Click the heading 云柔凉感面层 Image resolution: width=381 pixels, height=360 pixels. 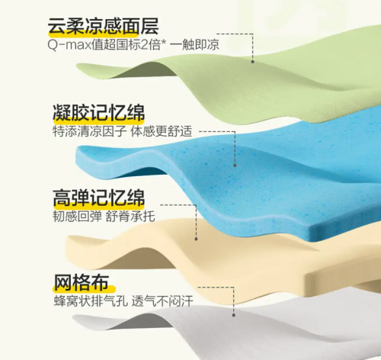pos(104,26)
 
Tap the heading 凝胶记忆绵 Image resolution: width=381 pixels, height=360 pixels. pos(99,112)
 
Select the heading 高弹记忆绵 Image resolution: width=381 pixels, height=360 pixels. pos(99,198)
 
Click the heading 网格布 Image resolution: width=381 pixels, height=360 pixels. pos(82,282)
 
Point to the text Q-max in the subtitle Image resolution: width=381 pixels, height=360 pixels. pos(69,45)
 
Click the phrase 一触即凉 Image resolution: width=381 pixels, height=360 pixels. pos(194,45)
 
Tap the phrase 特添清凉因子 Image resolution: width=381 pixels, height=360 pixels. pos(89,131)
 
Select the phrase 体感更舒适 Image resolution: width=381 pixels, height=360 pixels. pos(162,131)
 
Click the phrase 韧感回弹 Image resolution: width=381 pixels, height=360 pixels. pos(77,217)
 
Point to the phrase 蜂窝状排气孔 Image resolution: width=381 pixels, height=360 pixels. pos(91,301)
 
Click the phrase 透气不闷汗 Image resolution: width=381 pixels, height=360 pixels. pos(162,301)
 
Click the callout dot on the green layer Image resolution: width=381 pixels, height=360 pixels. pos(252,62)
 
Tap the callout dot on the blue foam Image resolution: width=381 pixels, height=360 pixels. pos(235,166)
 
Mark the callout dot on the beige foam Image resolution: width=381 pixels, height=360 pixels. pos(196,239)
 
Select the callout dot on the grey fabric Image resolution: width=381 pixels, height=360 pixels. pos(234,315)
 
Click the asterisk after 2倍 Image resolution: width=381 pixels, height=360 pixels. pos(163,42)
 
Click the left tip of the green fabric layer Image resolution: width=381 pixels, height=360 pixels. pos(77,65)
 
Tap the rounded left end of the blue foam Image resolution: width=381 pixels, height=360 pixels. pos(78,153)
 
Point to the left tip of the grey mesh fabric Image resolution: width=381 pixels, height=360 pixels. pos(73,317)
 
